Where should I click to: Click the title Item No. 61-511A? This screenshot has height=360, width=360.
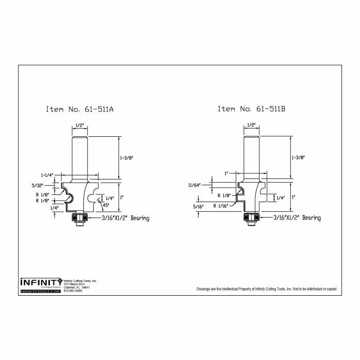tap(80, 109)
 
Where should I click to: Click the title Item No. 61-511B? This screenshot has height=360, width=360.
tap(251, 109)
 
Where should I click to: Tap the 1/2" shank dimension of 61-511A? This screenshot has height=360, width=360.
tap(80, 125)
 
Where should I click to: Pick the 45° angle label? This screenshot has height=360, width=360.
tap(106, 205)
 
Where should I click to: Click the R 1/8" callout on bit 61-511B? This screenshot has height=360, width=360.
tap(224, 195)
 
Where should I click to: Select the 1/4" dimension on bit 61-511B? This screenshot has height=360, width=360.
tap(280, 197)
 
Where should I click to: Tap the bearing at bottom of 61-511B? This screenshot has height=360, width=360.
tap(251, 218)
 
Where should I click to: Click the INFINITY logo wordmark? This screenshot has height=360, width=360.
tap(41, 282)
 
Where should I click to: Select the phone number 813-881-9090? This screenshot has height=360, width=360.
tap(73, 291)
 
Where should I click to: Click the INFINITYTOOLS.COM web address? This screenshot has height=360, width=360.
tap(41, 291)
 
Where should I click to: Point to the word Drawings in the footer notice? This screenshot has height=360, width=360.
tap(205, 290)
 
